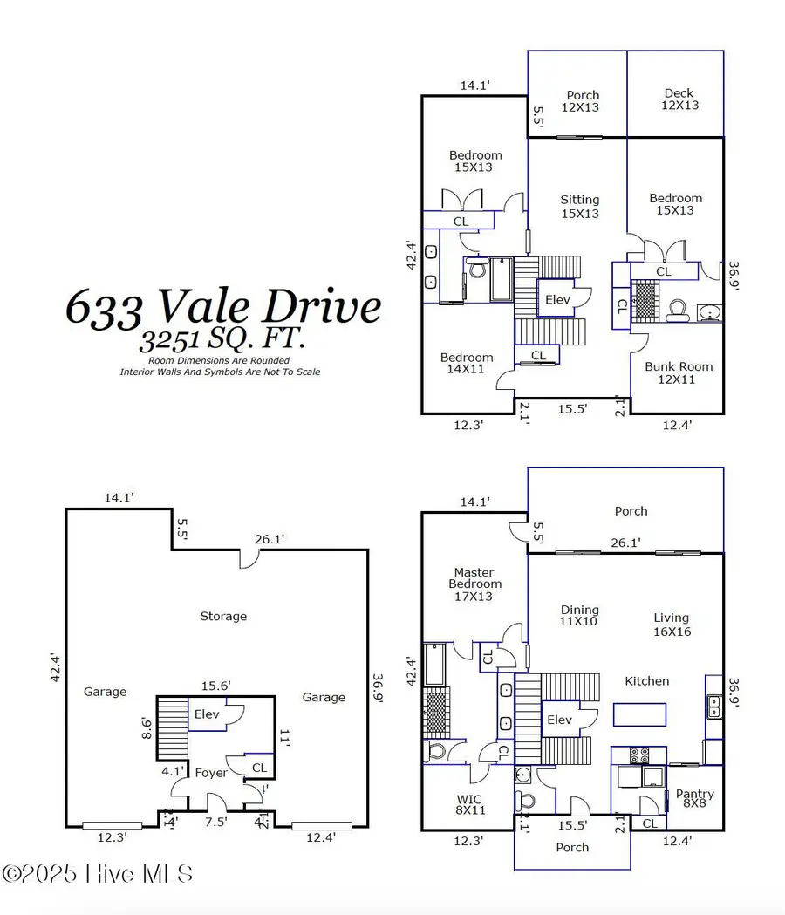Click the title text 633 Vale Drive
click(223, 306)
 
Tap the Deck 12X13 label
click(679, 99)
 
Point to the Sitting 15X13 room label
click(579, 207)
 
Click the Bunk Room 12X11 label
click(679, 372)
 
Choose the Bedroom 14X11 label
click(466, 364)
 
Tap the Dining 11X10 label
click(579, 616)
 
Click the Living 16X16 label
click(672, 624)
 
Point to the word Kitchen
click(647, 680)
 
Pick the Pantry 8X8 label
click(694, 799)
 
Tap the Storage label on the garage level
click(223, 616)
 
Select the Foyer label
click(211, 772)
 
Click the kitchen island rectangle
click(640, 715)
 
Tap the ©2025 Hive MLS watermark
click(97, 873)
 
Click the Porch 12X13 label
click(583, 100)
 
